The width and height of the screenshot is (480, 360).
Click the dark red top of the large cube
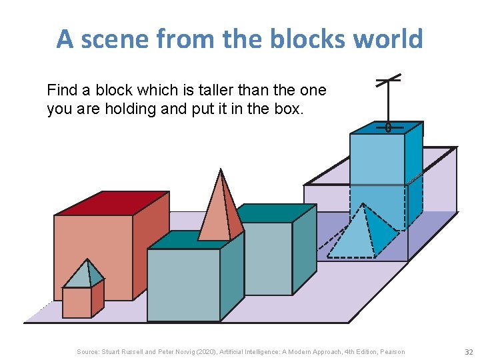point(111,203)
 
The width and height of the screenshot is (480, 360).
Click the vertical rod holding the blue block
point(389,103)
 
